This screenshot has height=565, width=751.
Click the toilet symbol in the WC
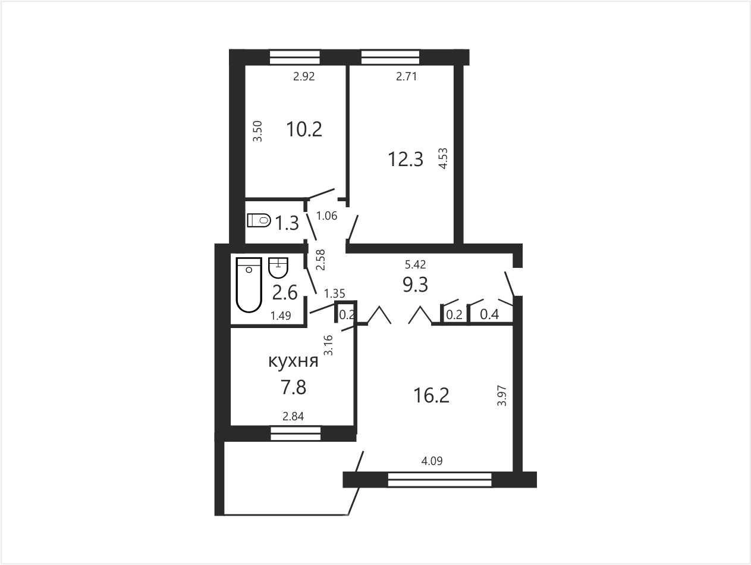259,220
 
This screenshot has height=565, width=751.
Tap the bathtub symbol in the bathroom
249,285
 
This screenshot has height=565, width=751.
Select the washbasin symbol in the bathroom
278,267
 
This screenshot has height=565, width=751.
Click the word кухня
293,361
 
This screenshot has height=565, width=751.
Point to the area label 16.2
431,395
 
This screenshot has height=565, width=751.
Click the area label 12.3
406,159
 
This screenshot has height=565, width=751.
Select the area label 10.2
304,129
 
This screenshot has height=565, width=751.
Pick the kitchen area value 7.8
293,388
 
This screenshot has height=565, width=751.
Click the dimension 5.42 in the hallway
416,264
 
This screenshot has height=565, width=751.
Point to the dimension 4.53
443,158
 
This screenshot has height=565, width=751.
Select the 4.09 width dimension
432,461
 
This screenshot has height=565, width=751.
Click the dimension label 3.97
502,395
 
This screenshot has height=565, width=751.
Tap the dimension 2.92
304,76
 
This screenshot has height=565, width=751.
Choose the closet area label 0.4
489,314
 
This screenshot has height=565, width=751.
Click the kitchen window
296,433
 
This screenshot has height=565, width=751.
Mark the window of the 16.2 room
439,479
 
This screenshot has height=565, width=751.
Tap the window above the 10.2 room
294,57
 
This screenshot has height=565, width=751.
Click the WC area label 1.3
287,223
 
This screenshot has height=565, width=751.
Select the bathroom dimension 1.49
281,316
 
